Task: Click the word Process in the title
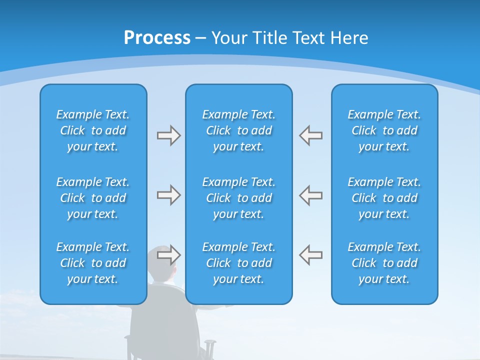[x=157, y=38]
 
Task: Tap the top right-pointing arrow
[x=168, y=135]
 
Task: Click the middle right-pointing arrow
[x=168, y=195]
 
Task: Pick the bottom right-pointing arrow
[x=168, y=254]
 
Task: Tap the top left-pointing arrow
[x=310, y=135]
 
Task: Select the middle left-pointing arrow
[x=310, y=195]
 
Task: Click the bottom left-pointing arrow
[x=310, y=254]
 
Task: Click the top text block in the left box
[x=93, y=130]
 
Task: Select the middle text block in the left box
[x=93, y=198]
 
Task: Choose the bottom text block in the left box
[x=93, y=263]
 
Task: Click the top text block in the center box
[x=238, y=130]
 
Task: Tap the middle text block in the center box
[x=238, y=198]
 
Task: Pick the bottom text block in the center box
[x=238, y=263]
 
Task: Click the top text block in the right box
[x=384, y=130]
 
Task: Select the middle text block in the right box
[x=384, y=198]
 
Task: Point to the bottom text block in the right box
[x=384, y=263]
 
